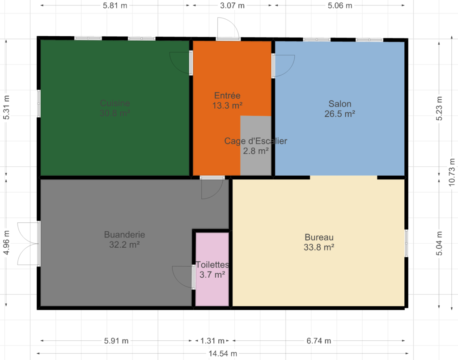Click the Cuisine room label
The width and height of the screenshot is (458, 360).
coord(115,103)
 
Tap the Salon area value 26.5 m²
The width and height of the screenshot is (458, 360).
coord(340,114)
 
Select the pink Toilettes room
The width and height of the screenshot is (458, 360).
coord(212,269)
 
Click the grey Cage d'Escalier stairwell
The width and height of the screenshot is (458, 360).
coord(256,145)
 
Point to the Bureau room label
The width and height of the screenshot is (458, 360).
coord(319,237)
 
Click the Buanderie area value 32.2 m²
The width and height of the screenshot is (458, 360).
coord(124,245)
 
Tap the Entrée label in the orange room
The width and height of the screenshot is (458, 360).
coord(227,95)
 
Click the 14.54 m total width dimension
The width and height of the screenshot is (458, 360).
coord(223,354)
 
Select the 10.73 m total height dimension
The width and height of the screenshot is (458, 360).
coord(452,172)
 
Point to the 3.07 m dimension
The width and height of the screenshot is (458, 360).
coord(232,5)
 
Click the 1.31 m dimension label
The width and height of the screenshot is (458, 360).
coord(212,341)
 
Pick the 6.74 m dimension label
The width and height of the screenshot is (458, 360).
coord(318,341)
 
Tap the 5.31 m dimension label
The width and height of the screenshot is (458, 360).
coord(6,107)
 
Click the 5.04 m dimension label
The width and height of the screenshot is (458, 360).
coord(439,243)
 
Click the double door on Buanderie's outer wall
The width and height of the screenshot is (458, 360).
coord(28,244)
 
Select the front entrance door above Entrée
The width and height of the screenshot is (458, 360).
coord(228,28)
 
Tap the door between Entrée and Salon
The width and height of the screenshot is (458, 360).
coord(283,66)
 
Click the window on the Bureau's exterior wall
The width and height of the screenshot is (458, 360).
coord(406,243)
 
